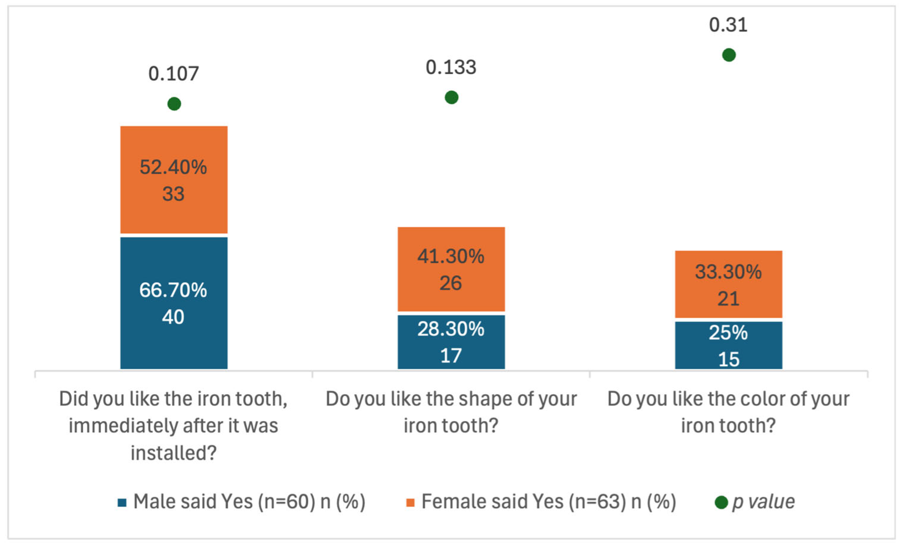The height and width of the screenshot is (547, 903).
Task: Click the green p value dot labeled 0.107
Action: pyautogui.click(x=174, y=104)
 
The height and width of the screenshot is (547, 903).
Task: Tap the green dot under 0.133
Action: pyautogui.click(x=451, y=97)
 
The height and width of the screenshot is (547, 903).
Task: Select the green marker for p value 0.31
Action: pyautogui.click(x=729, y=55)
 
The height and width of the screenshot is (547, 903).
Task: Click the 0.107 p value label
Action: pyautogui.click(x=173, y=74)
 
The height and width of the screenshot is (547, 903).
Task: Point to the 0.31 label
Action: pyautogui.click(x=728, y=25)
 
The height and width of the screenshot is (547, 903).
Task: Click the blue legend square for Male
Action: pyautogui.click(x=122, y=503)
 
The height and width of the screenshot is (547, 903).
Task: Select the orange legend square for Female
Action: pyautogui.click(x=411, y=503)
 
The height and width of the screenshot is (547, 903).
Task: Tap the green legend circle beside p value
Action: pyautogui.click(x=721, y=502)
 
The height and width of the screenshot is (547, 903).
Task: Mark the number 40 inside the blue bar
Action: pyautogui.click(x=173, y=317)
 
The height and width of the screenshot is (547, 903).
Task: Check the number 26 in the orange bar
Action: pyautogui.click(x=450, y=283)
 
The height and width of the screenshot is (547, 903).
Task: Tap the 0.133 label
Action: pyautogui.click(x=451, y=67)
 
